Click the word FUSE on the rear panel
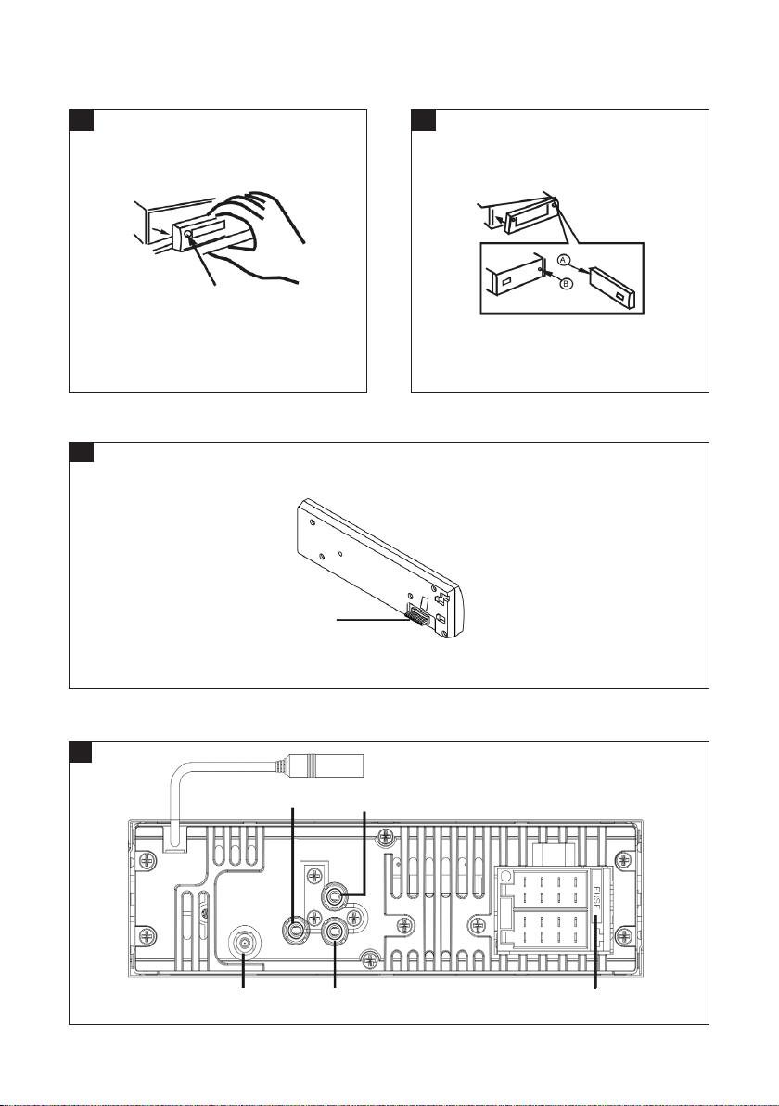[x=596, y=899]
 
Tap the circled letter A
[x=564, y=259]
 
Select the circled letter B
[x=567, y=285]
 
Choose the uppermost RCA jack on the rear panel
[x=334, y=896]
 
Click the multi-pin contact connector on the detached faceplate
[x=415, y=614]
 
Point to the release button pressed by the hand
[x=189, y=237]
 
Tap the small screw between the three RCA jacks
[x=314, y=919]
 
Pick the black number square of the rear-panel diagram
[x=82, y=752]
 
